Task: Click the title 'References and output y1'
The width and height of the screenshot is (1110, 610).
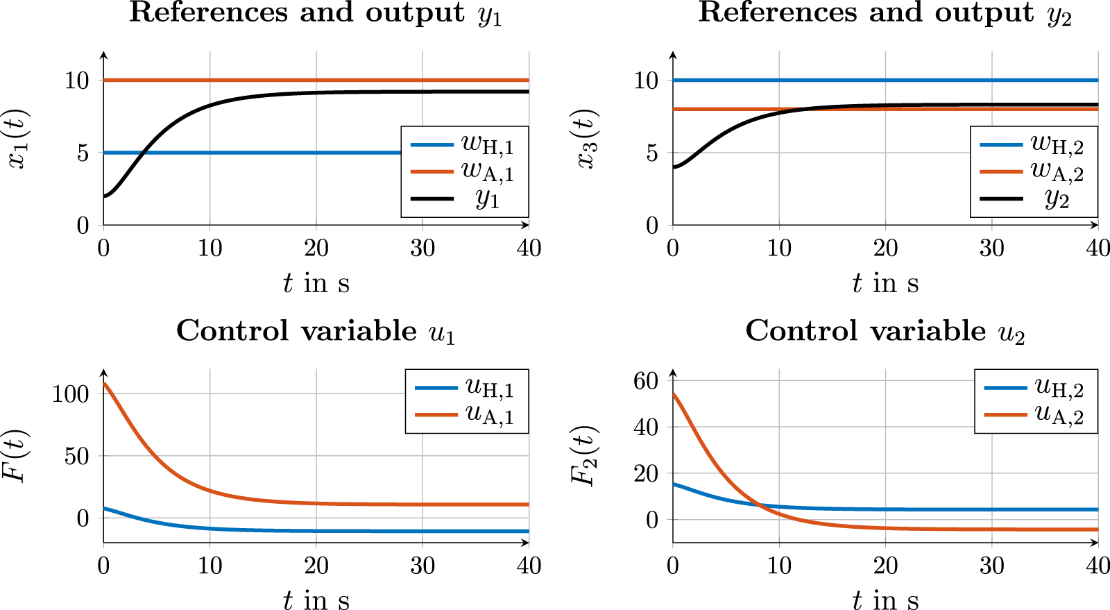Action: point(316,13)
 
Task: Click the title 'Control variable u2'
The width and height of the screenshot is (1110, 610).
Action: point(885,331)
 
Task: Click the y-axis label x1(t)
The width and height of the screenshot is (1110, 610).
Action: point(17,139)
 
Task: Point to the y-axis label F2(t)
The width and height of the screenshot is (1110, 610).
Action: point(584,456)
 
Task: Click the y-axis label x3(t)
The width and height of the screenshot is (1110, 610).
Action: point(587,139)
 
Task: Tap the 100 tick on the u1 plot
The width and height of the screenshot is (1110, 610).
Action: point(71,393)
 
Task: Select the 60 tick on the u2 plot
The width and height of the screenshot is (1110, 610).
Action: point(645,380)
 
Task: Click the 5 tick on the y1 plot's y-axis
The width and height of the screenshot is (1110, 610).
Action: point(83,153)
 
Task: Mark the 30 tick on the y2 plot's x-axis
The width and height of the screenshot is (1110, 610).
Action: point(991,248)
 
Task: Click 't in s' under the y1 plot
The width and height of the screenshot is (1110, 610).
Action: point(316,282)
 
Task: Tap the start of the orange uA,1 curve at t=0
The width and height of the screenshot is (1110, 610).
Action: point(104,383)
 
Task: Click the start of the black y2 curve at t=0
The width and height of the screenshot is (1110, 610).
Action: point(674,167)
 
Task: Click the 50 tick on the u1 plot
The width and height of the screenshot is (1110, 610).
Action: point(78,456)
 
